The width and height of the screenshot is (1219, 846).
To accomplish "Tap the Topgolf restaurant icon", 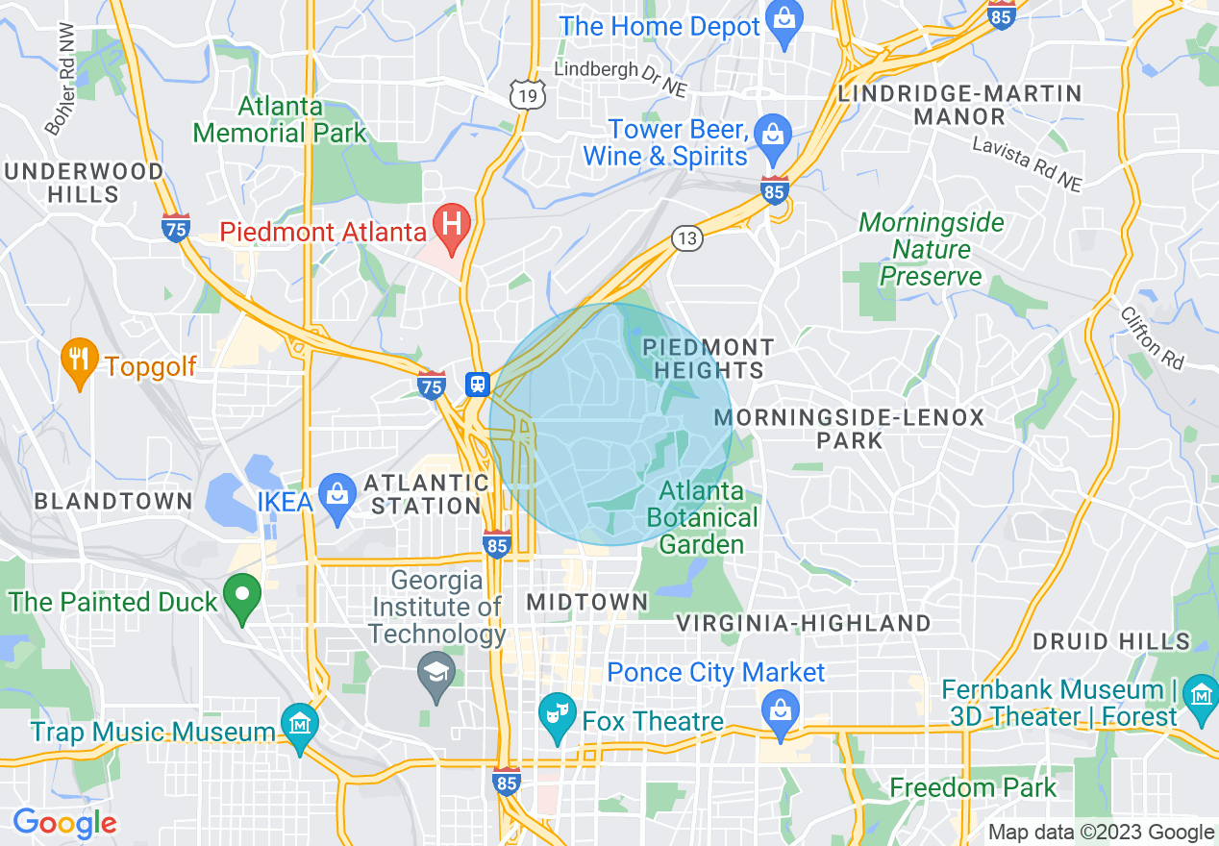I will click(79, 360).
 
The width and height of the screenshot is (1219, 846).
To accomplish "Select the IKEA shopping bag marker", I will click(337, 495).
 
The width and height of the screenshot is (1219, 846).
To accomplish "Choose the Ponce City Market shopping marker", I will click(780, 711).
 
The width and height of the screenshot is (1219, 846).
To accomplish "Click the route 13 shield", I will click(688, 238).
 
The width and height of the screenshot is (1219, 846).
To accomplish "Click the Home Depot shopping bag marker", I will click(784, 21).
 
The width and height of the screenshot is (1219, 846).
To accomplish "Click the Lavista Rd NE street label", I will click(1027, 163).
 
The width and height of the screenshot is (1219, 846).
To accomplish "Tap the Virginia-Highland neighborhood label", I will click(803, 623).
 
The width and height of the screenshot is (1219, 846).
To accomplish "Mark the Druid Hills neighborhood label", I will click(1111, 641).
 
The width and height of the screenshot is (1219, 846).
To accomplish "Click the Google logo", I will click(64, 823).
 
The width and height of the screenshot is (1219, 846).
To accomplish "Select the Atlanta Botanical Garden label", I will click(702, 518).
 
